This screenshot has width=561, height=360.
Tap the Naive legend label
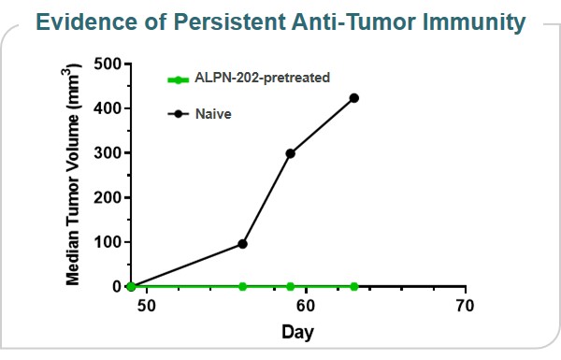[x=213, y=113]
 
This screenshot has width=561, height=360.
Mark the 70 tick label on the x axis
[x=465, y=306]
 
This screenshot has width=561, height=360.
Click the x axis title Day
[x=298, y=332]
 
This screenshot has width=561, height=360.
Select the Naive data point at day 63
[x=354, y=98]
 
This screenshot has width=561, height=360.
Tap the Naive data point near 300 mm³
[x=291, y=153]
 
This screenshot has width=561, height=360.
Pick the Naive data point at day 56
[x=243, y=244]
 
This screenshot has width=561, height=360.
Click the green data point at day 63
[x=354, y=286]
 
